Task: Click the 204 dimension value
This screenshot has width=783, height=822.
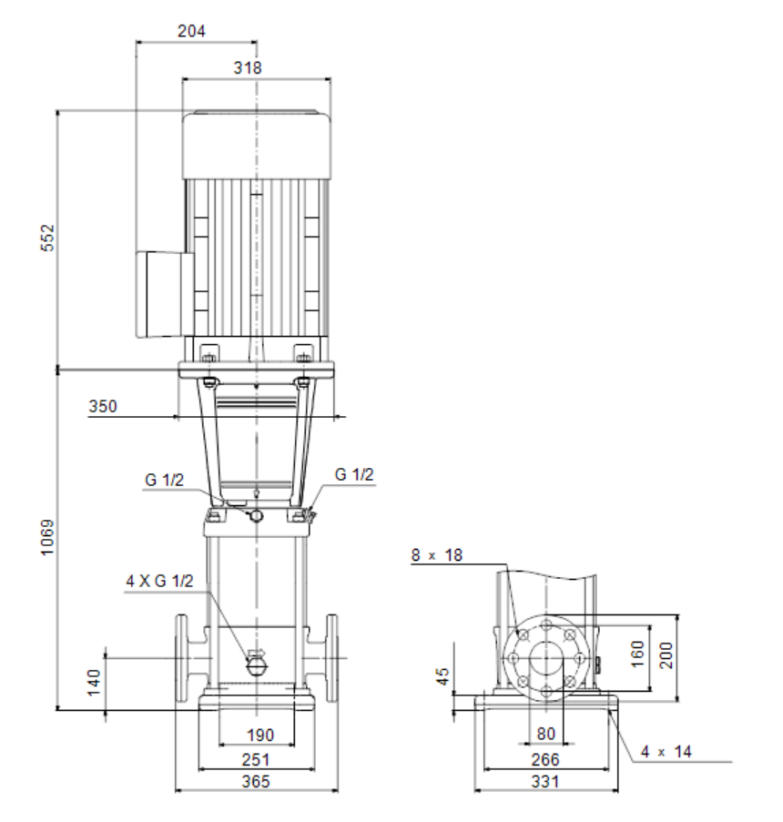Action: click(191, 31)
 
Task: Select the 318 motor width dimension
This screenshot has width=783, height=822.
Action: click(248, 67)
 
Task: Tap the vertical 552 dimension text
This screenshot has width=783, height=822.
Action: click(47, 238)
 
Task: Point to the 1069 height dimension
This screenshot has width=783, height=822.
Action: click(47, 537)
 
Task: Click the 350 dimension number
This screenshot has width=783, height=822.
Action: click(103, 406)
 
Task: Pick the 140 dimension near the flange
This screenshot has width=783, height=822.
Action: click(94, 683)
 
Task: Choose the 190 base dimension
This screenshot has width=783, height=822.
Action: click(260, 735)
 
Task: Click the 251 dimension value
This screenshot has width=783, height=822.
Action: click(256, 759)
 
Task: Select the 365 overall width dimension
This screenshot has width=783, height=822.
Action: click(256, 782)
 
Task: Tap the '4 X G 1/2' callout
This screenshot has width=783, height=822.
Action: click(159, 581)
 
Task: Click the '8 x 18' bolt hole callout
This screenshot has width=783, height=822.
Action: click(437, 555)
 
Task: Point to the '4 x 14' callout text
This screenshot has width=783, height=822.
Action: click(666, 752)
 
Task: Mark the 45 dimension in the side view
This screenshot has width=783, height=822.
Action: click(443, 676)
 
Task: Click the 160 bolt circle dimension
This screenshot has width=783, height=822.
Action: click(637, 654)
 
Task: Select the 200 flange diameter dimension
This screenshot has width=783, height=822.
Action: click(666, 655)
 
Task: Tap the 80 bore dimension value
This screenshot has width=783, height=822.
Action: click(546, 734)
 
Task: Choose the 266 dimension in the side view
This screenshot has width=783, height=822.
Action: click(545, 759)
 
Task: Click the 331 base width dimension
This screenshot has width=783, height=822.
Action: click(545, 782)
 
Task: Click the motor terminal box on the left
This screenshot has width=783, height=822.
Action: click(165, 293)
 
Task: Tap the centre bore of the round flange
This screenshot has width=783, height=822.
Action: click(546, 658)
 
